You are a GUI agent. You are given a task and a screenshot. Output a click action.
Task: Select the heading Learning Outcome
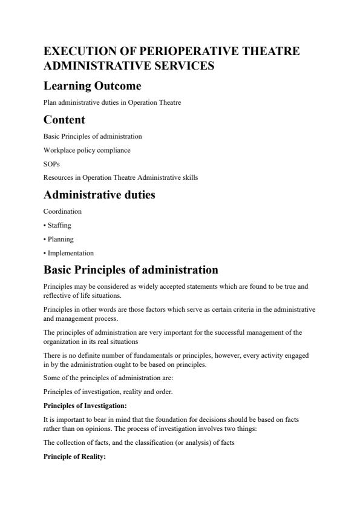coord(92,86)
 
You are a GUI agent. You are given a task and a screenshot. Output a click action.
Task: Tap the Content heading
coord(64,119)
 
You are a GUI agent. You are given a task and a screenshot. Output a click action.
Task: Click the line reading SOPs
coord(52,164)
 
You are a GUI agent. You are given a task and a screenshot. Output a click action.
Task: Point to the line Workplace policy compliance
coord(87,150)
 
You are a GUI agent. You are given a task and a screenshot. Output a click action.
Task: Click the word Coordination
coord(62,212)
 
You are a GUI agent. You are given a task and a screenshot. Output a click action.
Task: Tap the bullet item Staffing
coord(57,226)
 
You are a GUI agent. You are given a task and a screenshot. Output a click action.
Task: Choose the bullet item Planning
coord(58,239)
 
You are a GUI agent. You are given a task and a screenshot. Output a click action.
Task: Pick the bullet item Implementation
coord(68,253)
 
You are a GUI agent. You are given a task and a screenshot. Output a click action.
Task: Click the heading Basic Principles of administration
coord(131,269)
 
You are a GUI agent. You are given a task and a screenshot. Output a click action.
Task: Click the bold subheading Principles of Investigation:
coord(84,406)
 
